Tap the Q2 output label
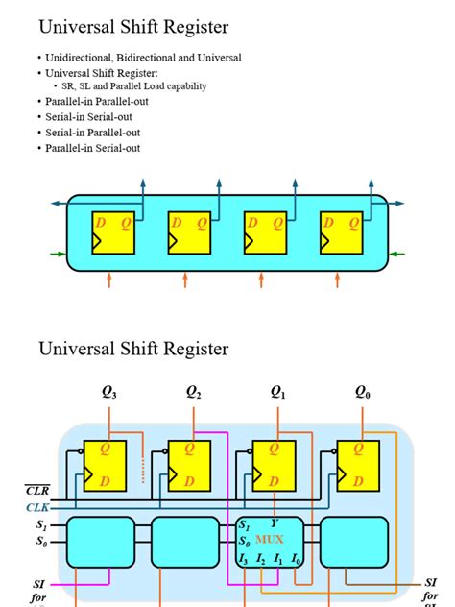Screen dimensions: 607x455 pos(193,392)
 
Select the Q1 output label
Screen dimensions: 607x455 pos(278,392)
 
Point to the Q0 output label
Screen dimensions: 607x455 pos(362,392)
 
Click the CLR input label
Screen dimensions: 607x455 pos(36,491)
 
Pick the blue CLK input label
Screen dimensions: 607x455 pos(36,507)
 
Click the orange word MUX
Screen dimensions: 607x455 pos(270,541)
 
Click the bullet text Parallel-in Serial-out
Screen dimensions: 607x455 pos(92,148)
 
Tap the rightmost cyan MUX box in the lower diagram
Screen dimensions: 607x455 pos(354,542)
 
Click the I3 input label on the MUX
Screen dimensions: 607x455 pos(244,559)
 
